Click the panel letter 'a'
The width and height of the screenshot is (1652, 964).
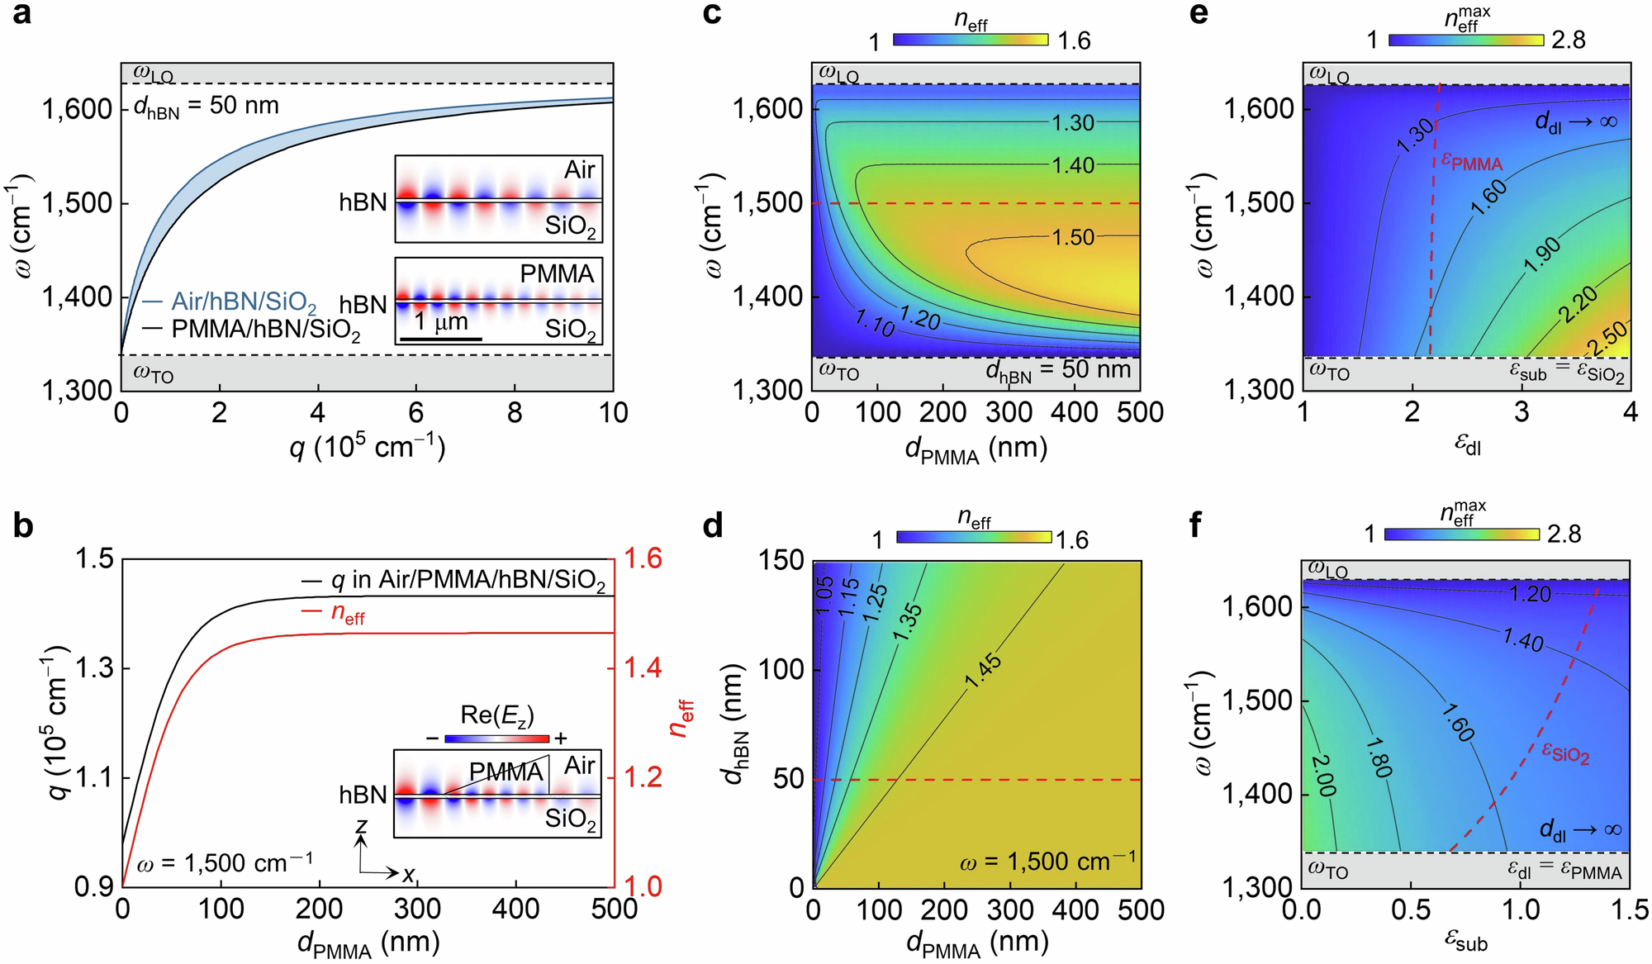(22, 14)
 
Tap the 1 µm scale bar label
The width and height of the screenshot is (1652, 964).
(441, 322)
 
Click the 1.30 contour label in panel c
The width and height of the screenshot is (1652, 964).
(1073, 123)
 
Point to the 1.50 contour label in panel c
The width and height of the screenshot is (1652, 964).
(1073, 238)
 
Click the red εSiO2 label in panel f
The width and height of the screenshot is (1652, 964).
(1565, 753)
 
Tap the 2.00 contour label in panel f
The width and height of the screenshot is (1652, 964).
(1322, 775)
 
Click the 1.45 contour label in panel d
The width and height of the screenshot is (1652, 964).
(983, 672)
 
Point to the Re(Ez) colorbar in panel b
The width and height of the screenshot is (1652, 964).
(496, 738)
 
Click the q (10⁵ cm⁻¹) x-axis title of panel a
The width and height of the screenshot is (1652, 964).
(367, 448)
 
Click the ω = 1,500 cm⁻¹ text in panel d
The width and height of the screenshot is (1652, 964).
(1047, 862)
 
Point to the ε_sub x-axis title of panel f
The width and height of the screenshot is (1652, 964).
(1466, 941)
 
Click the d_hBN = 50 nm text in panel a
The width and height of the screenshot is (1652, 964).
(206, 107)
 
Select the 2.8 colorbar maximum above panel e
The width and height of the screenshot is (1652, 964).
(1569, 40)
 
